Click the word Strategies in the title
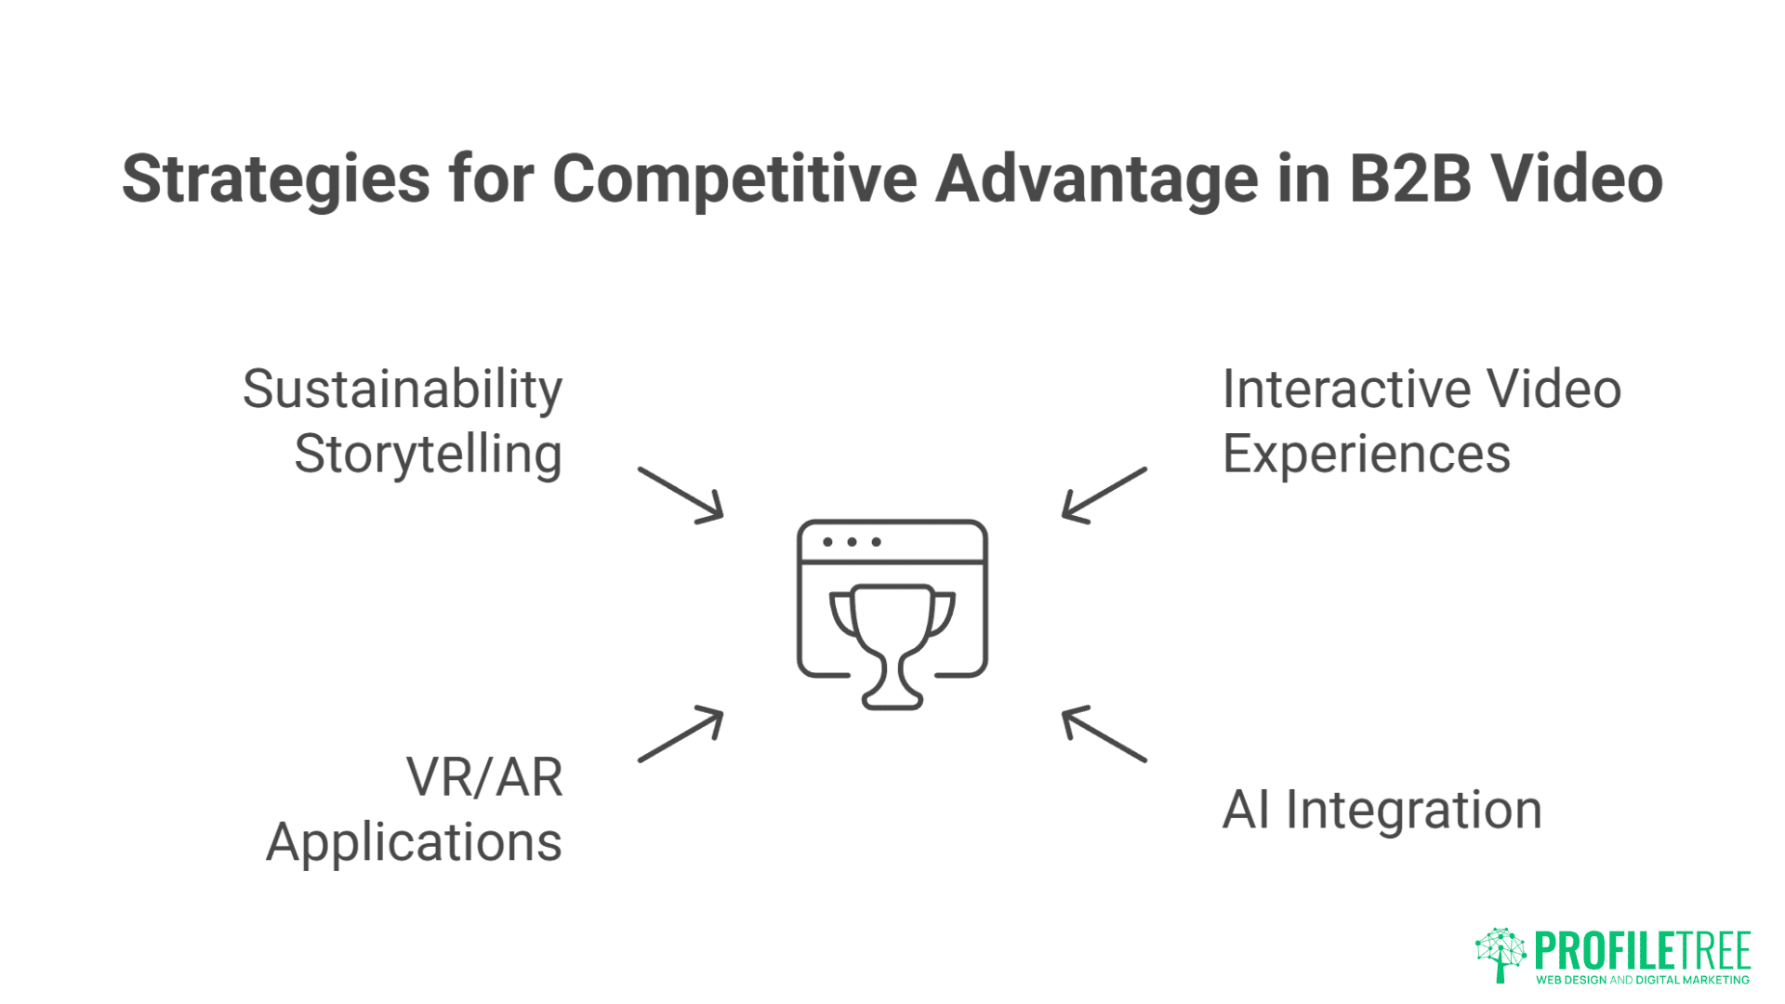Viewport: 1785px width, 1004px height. pos(276,179)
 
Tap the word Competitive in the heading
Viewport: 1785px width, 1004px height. pos(734,178)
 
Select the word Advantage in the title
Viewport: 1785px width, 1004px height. pos(1097,178)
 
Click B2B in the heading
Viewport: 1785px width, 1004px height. pos(1409,178)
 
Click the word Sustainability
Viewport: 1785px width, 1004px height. pos(403,390)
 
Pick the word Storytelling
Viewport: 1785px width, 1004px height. pos(428,455)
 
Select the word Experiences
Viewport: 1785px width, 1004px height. pos(1366,455)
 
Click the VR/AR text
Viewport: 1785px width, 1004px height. pos(484,777)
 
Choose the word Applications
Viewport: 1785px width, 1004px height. pos(414,843)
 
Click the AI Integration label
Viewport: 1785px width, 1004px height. pos(1382,810)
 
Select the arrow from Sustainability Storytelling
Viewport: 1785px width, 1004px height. pos(681,495)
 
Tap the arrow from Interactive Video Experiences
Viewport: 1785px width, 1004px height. pos(1104,495)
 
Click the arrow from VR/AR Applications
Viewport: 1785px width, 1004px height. pos(681,734)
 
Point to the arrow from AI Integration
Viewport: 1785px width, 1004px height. pos(1104,734)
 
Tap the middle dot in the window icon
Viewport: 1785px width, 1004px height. pos(852,542)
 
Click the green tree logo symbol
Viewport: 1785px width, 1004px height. pos(1501,954)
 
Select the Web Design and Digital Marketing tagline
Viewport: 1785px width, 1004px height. pos(1642,980)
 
